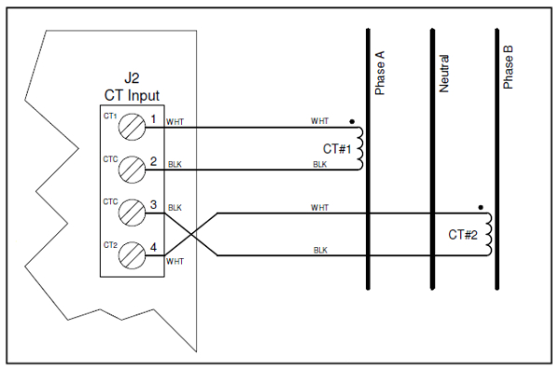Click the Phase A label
pos(380,75)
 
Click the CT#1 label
pos(337,149)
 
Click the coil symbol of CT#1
pos(359,148)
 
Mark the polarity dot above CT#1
pos(351,120)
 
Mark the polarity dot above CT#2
pos(479,206)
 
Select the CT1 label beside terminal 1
pos(109,116)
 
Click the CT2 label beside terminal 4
pos(109,244)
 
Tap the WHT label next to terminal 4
pos(175,263)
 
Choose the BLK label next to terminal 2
pos(175,164)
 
